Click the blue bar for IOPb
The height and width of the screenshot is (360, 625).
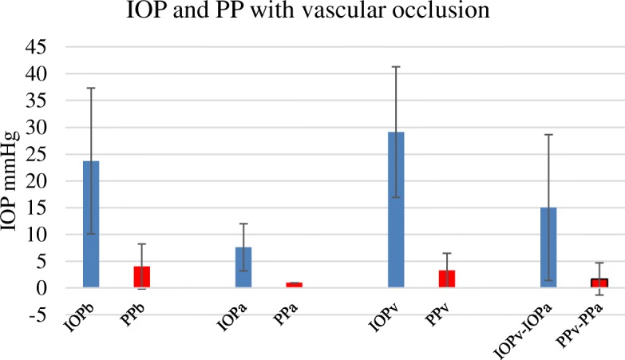click(x=90, y=224)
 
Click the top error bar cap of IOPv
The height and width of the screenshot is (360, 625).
click(x=396, y=66)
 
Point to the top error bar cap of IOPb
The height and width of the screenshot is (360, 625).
click(x=90, y=88)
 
